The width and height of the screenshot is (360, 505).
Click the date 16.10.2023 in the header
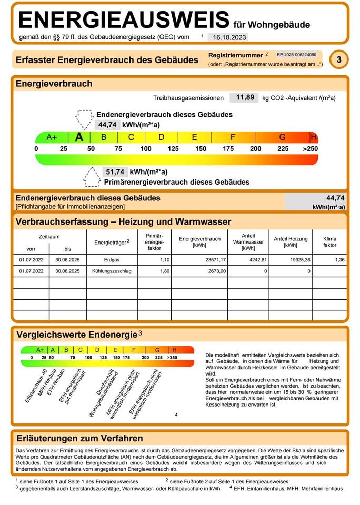(227, 37)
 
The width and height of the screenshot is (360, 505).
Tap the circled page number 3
(339, 60)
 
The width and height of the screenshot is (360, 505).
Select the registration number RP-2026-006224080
(296, 55)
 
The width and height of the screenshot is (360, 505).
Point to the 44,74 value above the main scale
(106, 125)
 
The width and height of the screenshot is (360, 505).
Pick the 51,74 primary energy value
(115, 172)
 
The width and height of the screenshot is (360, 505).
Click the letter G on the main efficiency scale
(282, 137)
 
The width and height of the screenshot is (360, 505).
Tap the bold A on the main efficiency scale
(79, 137)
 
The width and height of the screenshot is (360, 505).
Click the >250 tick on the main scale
(311, 149)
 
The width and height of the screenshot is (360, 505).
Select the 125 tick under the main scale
(173, 149)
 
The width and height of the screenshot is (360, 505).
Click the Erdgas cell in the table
(112, 260)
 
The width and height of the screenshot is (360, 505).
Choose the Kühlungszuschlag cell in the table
(112, 271)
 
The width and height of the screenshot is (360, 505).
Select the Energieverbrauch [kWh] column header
(199, 242)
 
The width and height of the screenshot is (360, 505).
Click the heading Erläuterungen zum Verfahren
(79, 438)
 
